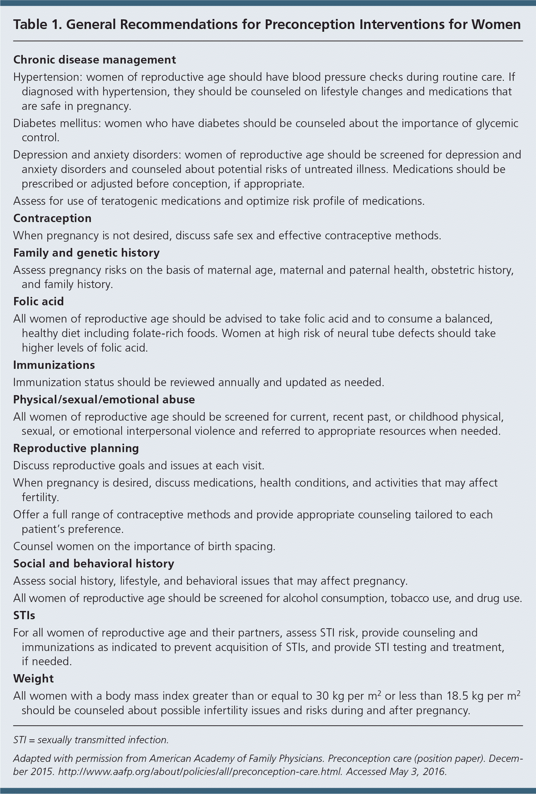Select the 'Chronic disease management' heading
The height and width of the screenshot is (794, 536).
pos(94,60)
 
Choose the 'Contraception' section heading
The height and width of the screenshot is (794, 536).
pos(52,218)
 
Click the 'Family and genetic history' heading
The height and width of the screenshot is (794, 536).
pos(86,253)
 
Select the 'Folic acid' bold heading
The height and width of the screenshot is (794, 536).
pos(38,302)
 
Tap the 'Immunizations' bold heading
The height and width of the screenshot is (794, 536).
pos(54,365)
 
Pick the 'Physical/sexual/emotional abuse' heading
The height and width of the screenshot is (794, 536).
pos(104,400)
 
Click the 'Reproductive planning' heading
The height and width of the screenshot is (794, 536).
pos(76,448)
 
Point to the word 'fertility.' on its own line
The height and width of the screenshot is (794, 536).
pos(40,497)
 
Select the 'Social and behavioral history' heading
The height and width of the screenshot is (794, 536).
pos(93,564)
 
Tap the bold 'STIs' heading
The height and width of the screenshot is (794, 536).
pos(24,615)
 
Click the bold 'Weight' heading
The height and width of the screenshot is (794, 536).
pos(33,679)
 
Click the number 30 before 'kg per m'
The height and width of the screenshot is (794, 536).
pos(322,696)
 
